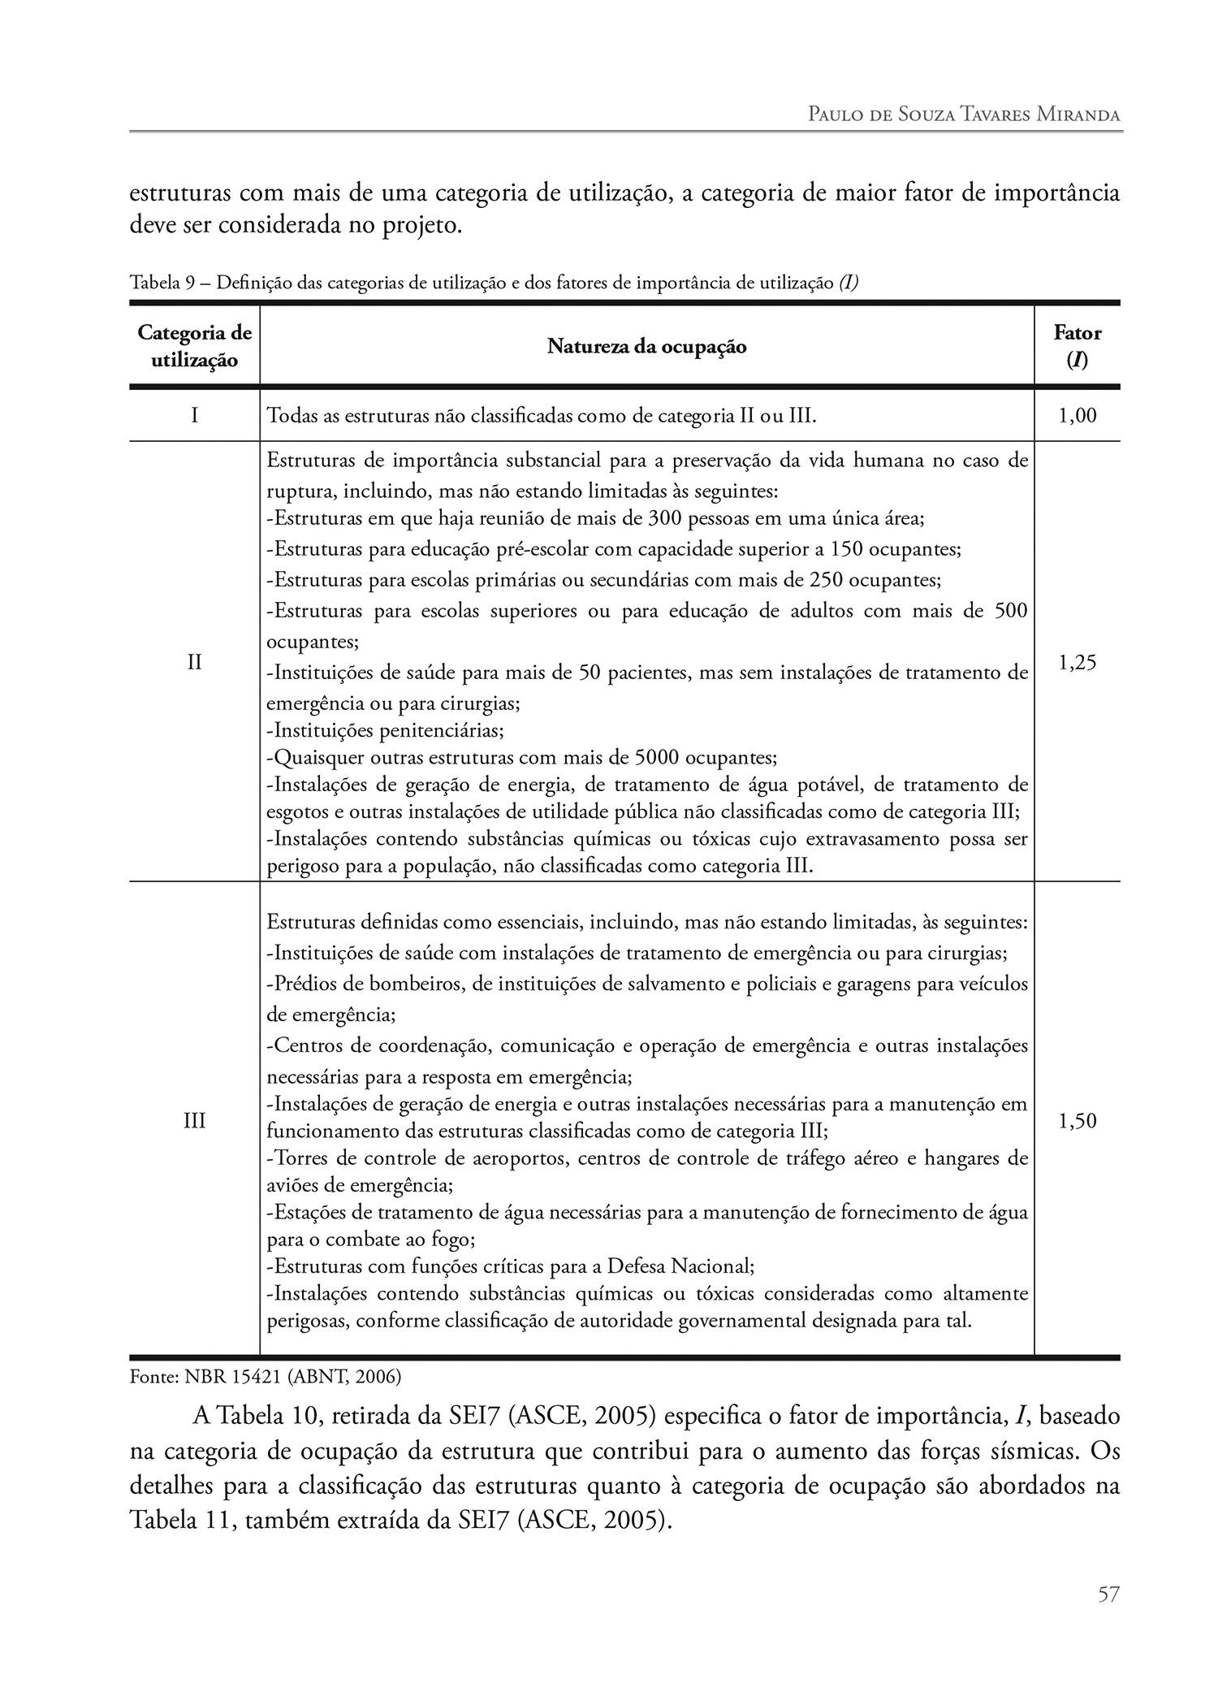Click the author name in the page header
(964, 115)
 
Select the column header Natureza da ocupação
(646, 347)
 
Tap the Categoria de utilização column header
(194, 346)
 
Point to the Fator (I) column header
(1077, 346)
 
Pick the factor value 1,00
(1078, 417)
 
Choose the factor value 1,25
(1078, 663)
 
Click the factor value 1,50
(1078, 1122)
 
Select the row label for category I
(194, 417)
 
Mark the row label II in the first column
(194, 663)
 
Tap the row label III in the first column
(194, 1122)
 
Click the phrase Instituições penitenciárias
(385, 730)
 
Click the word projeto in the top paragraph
(421, 225)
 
